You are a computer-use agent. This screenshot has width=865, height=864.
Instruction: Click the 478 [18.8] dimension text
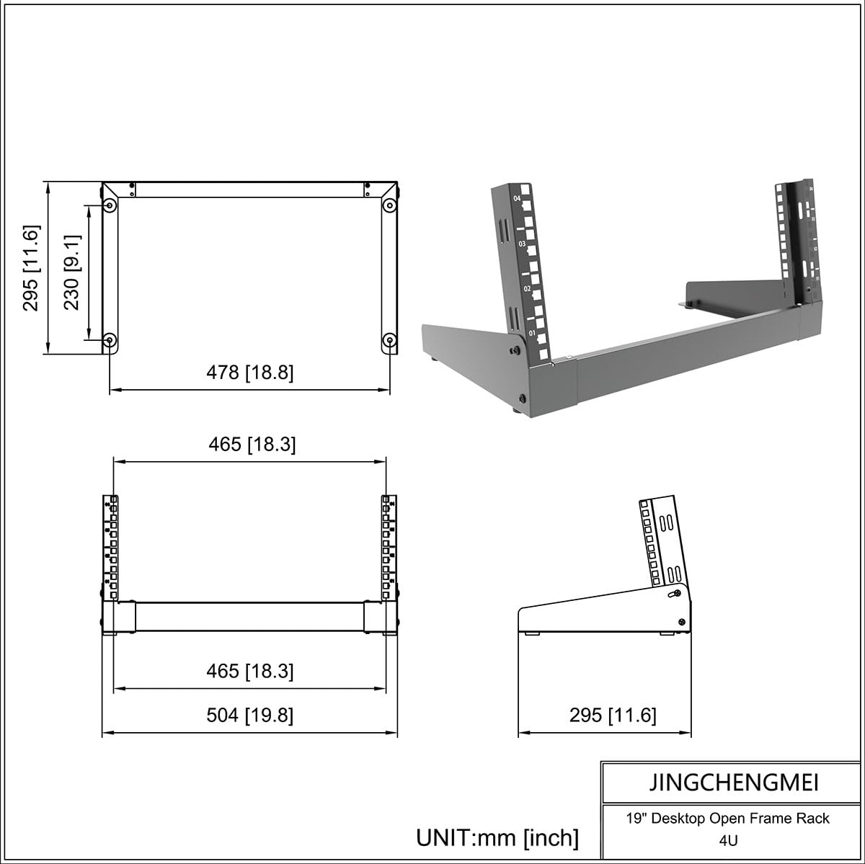tap(250, 373)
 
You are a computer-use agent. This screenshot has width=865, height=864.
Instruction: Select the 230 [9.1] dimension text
tap(72, 272)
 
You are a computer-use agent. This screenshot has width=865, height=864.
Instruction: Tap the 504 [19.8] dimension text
tap(250, 716)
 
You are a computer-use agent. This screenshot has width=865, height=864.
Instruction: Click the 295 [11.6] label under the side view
tap(613, 715)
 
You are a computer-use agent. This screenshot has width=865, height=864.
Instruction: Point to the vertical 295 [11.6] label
tap(32, 268)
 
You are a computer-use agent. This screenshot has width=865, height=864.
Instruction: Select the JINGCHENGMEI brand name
tap(732, 782)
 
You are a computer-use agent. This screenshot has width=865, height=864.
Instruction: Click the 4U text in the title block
tap(728, 840)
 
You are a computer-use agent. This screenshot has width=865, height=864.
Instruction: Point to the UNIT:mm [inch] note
tap(497, 837)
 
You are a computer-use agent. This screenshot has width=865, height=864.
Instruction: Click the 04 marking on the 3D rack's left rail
tap(517, 198)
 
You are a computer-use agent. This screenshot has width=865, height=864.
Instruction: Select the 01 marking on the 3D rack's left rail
tap(532, 334)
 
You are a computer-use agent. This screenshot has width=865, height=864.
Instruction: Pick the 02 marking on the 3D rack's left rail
tap(527, 289)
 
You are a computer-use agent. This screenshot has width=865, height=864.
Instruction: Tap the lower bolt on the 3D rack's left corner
tap(522, 398)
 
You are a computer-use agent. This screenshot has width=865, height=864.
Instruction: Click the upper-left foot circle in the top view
tap(110, 206)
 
